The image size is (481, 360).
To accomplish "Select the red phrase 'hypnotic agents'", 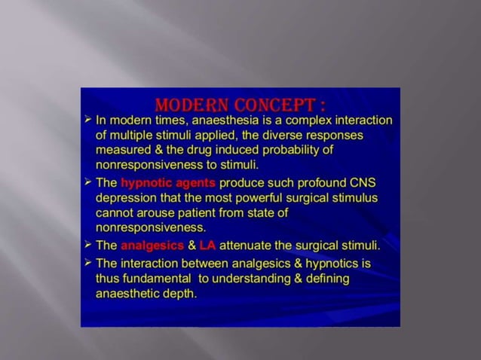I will point(168,183).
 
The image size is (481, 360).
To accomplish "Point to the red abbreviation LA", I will point(207,246).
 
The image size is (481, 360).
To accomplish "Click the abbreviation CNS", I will point(362,183).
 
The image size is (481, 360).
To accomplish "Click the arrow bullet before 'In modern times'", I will point(88,121).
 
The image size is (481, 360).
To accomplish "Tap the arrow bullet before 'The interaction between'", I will point(88,264).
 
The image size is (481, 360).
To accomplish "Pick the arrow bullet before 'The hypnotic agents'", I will point(88,183).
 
